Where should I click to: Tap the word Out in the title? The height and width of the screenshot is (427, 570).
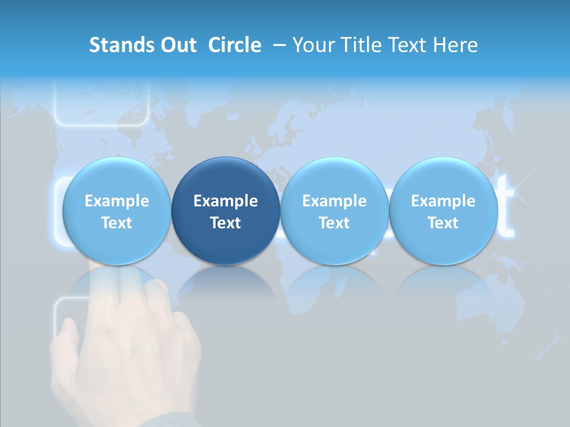(176, 45)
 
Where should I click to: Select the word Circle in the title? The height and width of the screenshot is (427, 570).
(235, 45)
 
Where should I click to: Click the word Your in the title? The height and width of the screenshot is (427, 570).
(313, 45)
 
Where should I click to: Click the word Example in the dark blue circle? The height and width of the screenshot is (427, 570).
(226, 201)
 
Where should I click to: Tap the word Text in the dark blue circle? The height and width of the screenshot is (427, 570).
(226, 223)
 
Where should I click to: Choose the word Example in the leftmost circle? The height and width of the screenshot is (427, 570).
(117, 201)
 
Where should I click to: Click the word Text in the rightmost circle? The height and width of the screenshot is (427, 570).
(443, 223)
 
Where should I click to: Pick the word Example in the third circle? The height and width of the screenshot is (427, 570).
(334, 201)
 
